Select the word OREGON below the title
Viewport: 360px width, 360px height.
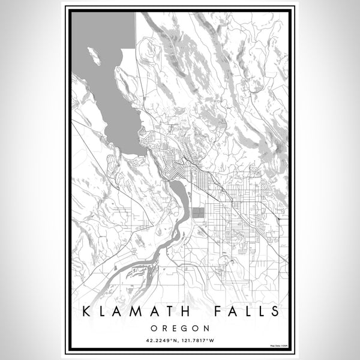click(179, 328)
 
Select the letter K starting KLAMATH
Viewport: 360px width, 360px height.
click(88, 311)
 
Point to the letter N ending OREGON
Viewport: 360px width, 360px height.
click(206, 328)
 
